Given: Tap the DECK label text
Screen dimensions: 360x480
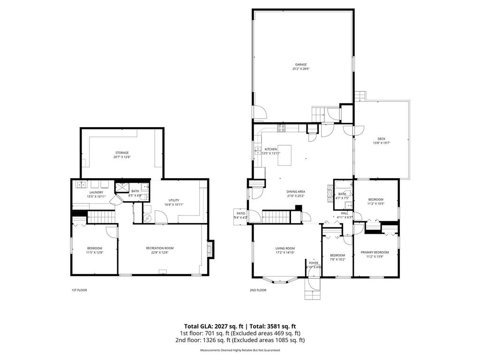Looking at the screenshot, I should (382, 139).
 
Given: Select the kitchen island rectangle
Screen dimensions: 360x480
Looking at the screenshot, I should (285, 155).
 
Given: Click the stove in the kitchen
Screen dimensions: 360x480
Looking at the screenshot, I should (282, 127).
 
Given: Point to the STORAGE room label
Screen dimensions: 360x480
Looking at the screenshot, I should (122, 153).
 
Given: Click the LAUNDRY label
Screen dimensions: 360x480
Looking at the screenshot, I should (96, 192).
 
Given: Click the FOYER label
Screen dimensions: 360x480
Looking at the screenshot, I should (313, 263).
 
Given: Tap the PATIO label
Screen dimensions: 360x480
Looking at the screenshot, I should (240, 213).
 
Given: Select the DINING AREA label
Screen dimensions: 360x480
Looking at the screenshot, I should (296, 191).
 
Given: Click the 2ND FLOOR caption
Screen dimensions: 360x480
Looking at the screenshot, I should (258, 290).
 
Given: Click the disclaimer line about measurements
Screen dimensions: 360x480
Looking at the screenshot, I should (240, 350).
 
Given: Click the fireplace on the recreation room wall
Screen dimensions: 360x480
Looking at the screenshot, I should (210, 249).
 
